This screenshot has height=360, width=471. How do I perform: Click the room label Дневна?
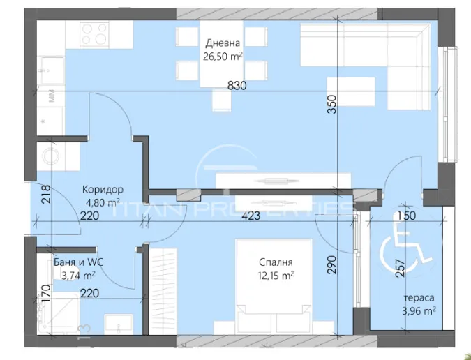point(223,43)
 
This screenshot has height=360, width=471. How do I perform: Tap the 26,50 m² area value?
point(223,56)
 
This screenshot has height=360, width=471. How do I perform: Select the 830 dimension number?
point(237,86)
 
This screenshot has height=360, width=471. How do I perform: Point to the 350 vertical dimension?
point(331,104)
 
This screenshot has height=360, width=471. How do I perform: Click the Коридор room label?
point(103,190)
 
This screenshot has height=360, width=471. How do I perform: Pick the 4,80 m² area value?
point(103,202)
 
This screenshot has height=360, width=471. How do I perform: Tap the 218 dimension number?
point(47,194)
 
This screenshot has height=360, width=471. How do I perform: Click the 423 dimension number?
point(251,216)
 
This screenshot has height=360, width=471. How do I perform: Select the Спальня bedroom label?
point(276,262)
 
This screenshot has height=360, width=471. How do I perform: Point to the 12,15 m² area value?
point(276,276)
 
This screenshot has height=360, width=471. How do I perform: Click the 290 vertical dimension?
point(331,264)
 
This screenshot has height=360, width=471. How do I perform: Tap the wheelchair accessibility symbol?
point(406,250)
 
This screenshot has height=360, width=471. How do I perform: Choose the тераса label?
point(419,298)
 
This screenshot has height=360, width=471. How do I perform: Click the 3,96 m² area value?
point(419,310)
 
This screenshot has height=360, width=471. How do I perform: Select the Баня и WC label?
point(78,262)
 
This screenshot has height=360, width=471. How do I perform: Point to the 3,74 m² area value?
point(78,276)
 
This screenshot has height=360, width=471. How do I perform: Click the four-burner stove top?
point(95,33)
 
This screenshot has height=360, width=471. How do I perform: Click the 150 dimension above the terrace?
point(406,216)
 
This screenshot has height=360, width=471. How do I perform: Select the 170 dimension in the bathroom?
point(45,293)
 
